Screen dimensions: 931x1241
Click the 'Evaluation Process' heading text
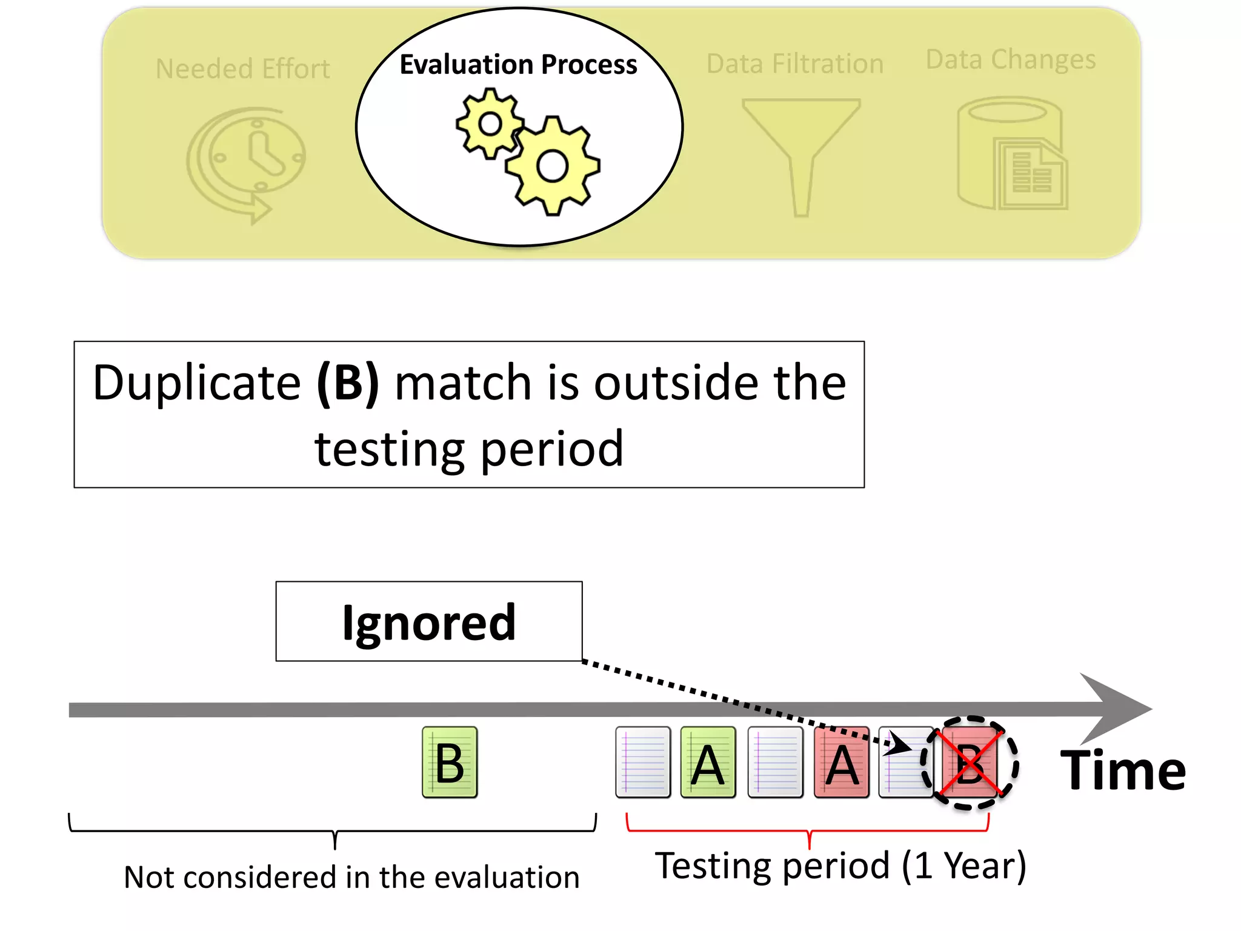[518, 64]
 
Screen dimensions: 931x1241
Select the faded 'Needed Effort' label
[242, 68]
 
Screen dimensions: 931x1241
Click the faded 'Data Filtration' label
[794, 64]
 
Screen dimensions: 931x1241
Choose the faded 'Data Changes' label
[1011, 59]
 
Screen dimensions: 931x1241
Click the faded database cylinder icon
[1011, 154]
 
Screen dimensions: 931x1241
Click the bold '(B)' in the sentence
[347, 383]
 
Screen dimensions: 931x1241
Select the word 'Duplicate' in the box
[196, 383]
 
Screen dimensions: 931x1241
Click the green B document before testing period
[450, 762]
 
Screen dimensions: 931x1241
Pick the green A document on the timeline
[708, 762]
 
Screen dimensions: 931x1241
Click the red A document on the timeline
[842, 762]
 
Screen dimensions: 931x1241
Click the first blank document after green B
[643, 762]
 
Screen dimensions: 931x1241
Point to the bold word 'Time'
[1123, 770]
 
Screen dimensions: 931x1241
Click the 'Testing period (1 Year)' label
[840, 866]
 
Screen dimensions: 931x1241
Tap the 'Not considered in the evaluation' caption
[351, 877]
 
